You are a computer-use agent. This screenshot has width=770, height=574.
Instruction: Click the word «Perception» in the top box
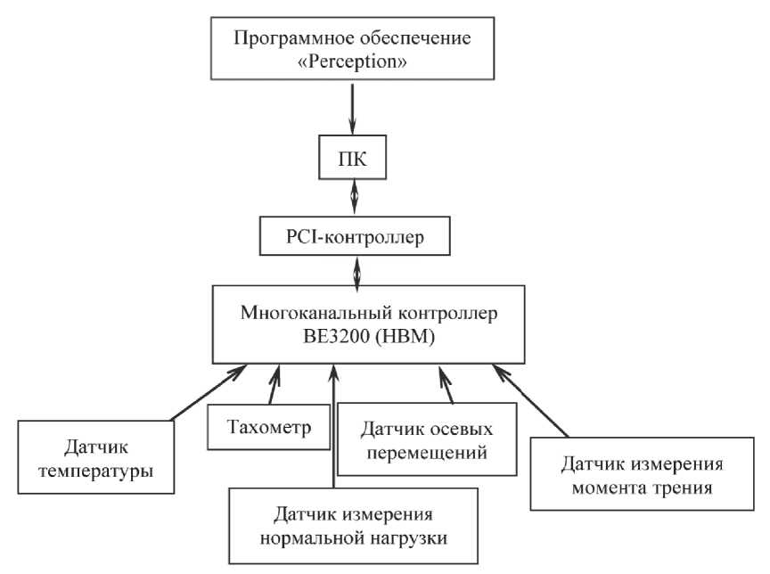(356, 67)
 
